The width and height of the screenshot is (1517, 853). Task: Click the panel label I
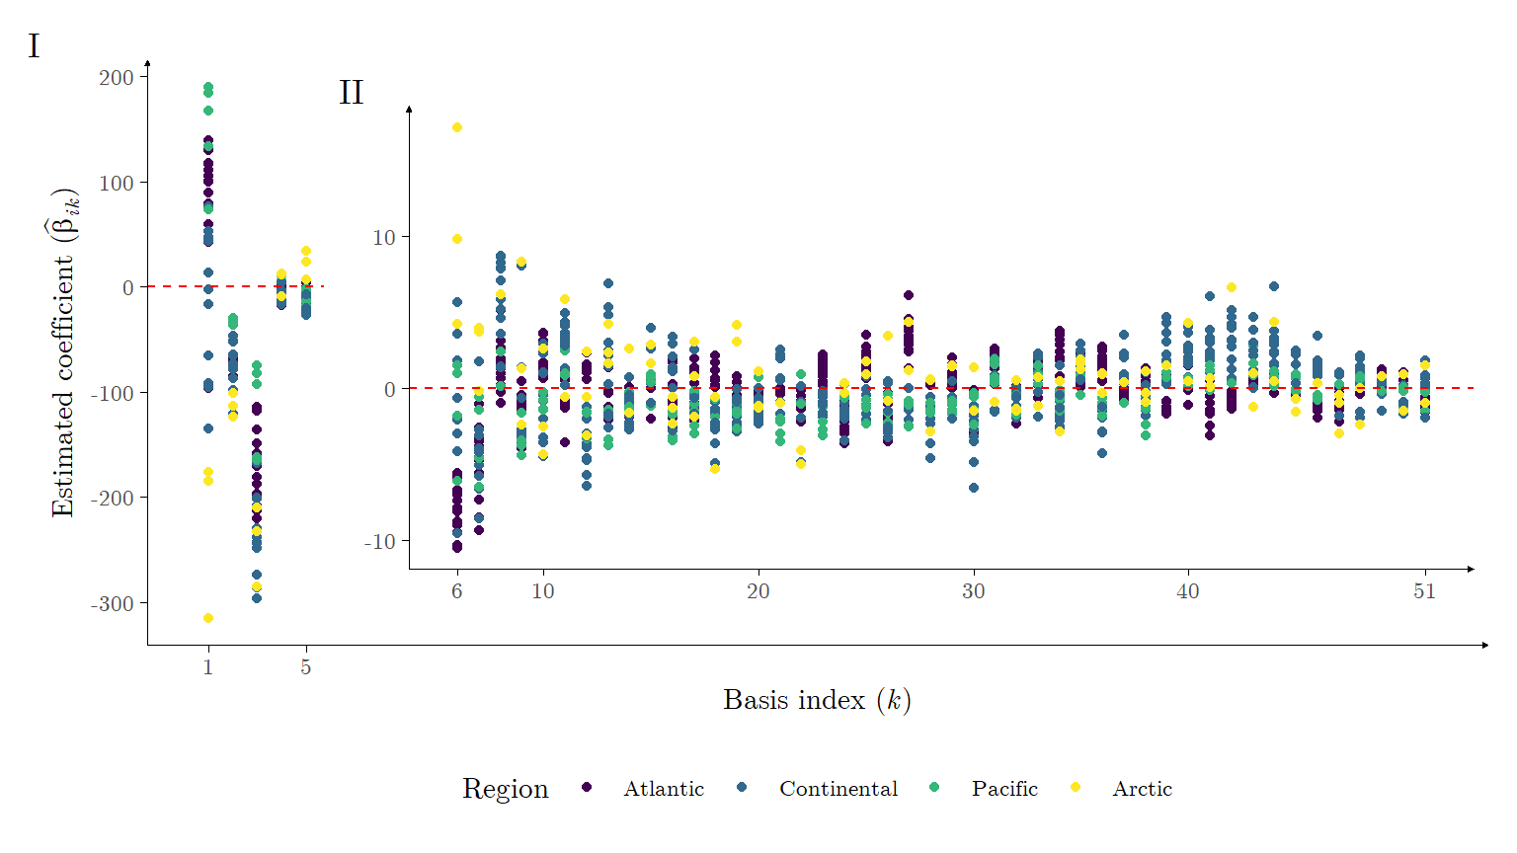tap(34, 46)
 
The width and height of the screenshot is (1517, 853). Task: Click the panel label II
tap(351, 93)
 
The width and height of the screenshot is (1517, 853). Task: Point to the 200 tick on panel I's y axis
tap(117, 77)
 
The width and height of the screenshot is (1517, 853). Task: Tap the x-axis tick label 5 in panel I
tap(306, 668)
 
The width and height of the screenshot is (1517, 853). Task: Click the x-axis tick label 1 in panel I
tap(208, 668)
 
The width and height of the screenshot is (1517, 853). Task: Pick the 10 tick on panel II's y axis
tap(383, 238)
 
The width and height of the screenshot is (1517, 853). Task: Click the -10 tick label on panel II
tap(379, 542)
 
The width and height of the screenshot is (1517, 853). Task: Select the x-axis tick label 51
tap(1424, 591)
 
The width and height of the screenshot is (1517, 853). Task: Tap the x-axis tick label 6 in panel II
tap(457, 591)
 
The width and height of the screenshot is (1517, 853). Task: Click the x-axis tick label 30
tap(974, 591)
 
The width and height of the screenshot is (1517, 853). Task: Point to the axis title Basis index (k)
tap(817, 700)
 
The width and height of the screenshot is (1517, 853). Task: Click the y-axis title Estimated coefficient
tap(64, 352)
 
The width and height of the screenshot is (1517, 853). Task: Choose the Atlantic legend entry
tap(664, 789)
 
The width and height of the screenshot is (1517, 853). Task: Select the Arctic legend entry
tap(1142, 789)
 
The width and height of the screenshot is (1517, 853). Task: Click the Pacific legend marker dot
tap(934, 787)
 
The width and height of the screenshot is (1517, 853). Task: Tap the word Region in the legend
tap(505, 789)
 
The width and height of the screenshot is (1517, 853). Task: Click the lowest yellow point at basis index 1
tap(208, 618)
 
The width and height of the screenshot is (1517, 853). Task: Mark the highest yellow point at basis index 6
tap(457, 127)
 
